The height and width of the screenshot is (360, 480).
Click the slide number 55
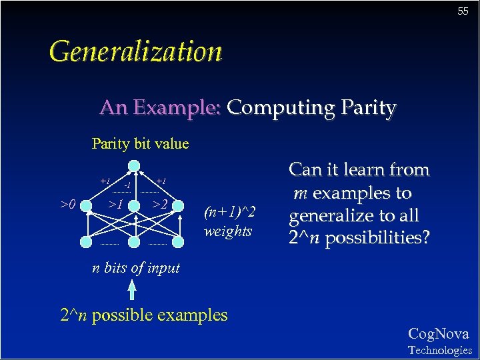(463, 11)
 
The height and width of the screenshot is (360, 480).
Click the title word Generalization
(135, 51)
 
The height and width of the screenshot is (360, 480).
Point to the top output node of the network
(134, 166)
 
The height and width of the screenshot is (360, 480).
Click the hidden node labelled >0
(86, 205)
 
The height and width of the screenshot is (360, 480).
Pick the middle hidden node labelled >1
(134, 205)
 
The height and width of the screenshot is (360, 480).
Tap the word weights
(228, 231)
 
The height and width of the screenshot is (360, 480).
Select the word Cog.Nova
(438, 334)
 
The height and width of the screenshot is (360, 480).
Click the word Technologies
(439, 350)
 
